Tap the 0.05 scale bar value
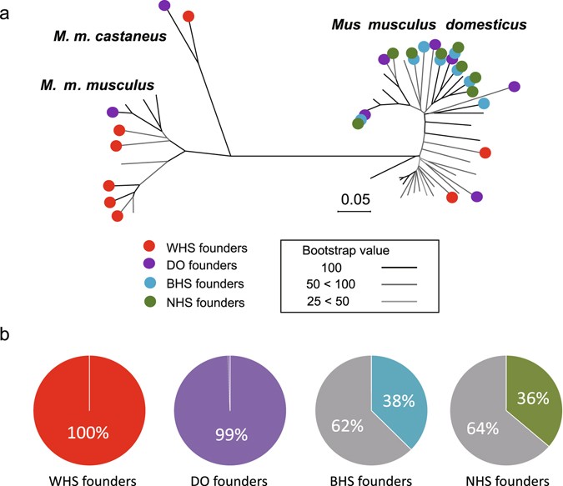point(354,200)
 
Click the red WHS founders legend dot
point(148,248)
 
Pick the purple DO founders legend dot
point(148,265)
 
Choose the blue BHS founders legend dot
point(148,284)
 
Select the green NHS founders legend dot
point(148,303)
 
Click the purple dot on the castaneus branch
point(164,5)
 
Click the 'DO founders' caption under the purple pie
point(228,478)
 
